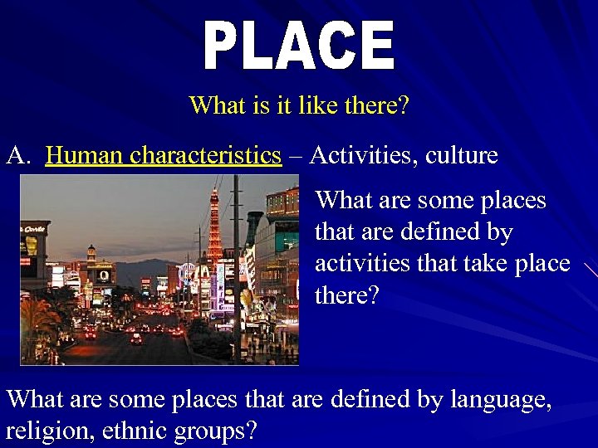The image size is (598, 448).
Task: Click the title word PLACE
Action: (299, 46)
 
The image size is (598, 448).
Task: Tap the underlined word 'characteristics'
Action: (205, 155)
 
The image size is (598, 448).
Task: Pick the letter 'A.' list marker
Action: (19, 155)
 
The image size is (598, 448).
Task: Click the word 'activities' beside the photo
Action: (360, 264)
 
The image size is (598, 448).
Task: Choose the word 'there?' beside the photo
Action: (346, 295)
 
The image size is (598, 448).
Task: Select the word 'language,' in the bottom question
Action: (500, 399)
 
